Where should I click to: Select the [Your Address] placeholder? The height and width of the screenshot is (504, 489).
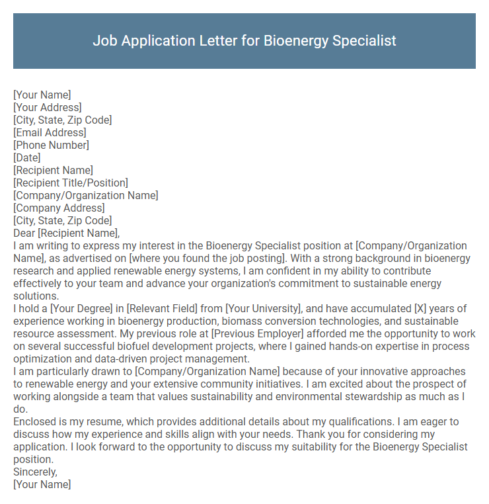point(48,108)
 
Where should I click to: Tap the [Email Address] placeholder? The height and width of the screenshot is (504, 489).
point(50,133)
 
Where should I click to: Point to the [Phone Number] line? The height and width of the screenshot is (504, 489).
point(51,146)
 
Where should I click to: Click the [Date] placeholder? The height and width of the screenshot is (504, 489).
point(27,158)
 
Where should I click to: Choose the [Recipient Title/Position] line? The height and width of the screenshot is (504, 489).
point(71,183)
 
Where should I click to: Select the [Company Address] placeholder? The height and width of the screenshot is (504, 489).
point(59,208)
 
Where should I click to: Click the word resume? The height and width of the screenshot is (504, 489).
point(94,422)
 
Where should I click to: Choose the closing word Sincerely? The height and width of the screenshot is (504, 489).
point(35,472)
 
